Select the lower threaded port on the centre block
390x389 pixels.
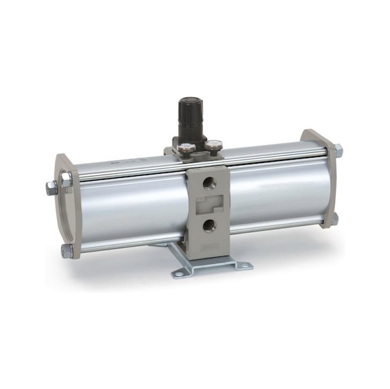click(211, 225)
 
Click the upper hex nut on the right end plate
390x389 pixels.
click(338, 150)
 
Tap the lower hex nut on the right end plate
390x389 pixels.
click(334, 218)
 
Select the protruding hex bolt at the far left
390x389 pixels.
click(51, 188)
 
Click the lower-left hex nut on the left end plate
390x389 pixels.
click(67, 250)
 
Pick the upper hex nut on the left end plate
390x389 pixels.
click(66, 179)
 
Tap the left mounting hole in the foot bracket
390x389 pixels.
click(179, 273)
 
